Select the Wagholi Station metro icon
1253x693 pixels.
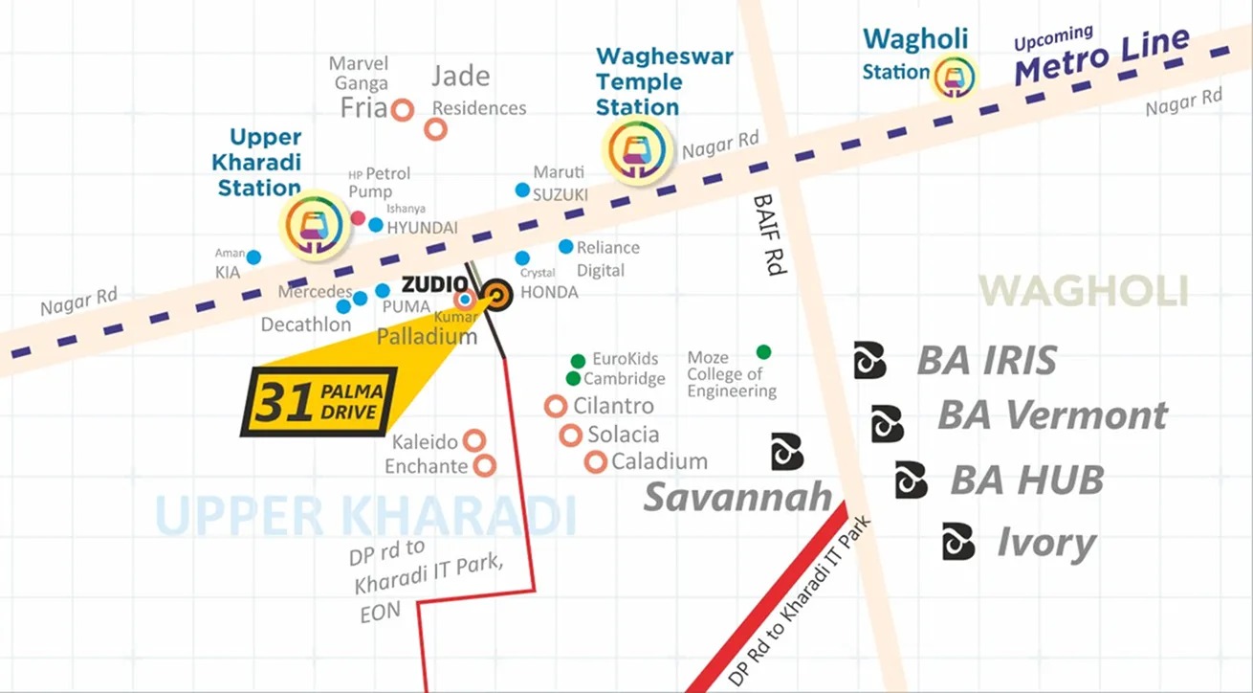tap(954, 75)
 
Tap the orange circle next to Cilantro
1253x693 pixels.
tap(556, 406)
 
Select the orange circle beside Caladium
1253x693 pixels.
tap(596, 462)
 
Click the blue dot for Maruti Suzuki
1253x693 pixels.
tap(522, 190)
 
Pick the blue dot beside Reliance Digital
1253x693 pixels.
tap(566, 246)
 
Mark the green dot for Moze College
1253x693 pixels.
tap(763, 351)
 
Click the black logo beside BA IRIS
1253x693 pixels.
tap(869, 360)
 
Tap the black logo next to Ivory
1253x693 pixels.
tap(958, 542)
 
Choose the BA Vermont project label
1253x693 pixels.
tap(1052, 416)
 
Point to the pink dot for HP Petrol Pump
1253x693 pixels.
tap(358, 218)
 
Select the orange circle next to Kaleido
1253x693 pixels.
tap(473, 440)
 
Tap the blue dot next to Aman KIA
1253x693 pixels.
tap(253, 257)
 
